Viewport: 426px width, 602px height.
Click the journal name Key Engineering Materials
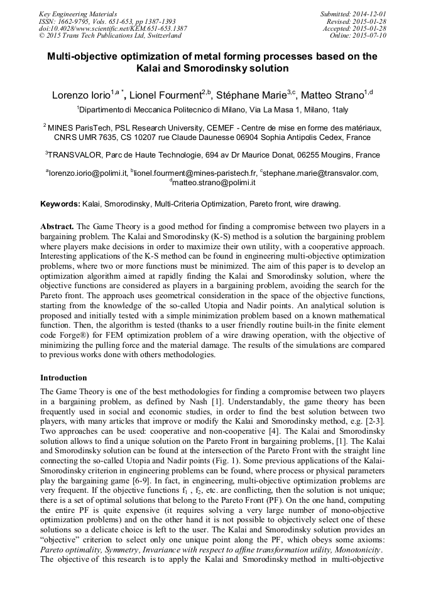(77, 13)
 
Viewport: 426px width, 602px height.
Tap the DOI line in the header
(112, 28)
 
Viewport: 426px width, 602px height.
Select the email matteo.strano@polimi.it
(214, 183)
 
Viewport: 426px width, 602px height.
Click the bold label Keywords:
(60, 204)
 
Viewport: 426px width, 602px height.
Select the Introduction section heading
(63, 378)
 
